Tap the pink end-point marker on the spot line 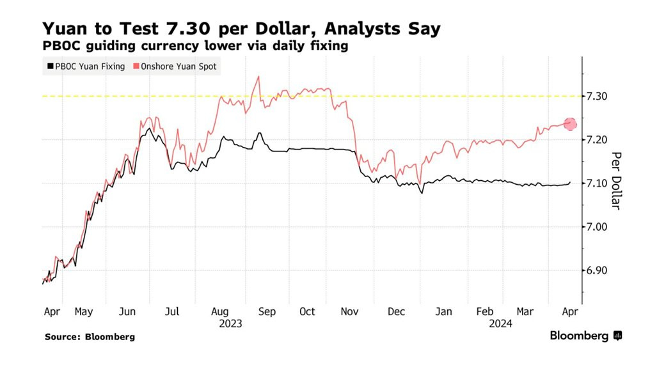(569, 124)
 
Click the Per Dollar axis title (617, 180)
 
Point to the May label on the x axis (84, 312)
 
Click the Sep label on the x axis (267, 312)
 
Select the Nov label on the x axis (349, 312)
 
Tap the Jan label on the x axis (443, 312)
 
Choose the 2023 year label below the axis (230, 323)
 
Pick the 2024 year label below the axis (500, 323)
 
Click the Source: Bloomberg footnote (90, 336)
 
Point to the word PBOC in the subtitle (61, 46)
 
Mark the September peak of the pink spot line (258, 77)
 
